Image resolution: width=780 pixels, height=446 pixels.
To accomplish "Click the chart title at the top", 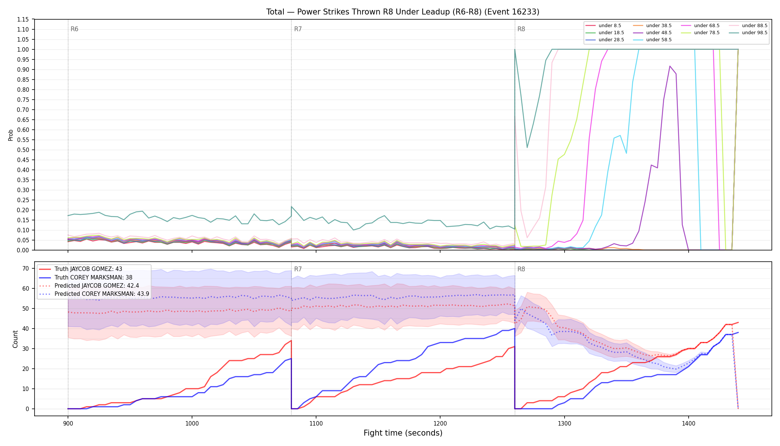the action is tap(403, 12).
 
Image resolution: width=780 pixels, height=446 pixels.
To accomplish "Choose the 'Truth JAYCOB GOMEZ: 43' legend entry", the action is tap(88, 269).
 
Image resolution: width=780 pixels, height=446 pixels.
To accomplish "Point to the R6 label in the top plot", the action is tap(74, 29).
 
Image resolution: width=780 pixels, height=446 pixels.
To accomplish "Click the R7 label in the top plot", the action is tap(298, 29).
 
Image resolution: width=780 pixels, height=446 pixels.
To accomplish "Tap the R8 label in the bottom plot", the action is tap(521, 269).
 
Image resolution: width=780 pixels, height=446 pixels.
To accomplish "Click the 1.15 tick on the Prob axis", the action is tap(23, 19).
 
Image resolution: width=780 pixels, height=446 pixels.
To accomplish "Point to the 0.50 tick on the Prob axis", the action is tap(23, 150).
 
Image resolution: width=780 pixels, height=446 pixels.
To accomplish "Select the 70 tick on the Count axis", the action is tap(26, 268).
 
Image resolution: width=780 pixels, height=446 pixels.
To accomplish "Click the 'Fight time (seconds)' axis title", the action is tap(403, 433).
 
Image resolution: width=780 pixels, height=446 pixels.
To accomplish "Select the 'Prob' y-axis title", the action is tap(11, 135).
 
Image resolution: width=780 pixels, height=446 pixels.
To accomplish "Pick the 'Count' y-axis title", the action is tap(15, 339).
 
